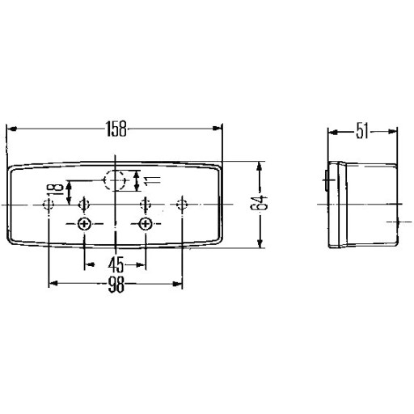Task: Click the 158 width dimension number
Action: (116, 129)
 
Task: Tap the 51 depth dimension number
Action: (362, 131)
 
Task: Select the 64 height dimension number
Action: (259, 203)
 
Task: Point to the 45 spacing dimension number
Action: (116, 264)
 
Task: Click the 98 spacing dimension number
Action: (116, 285)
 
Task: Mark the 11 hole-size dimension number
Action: (152, 181)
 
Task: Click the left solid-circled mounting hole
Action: (84, 224)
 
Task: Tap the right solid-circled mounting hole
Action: (146, 224)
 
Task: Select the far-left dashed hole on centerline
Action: (49, 205)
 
